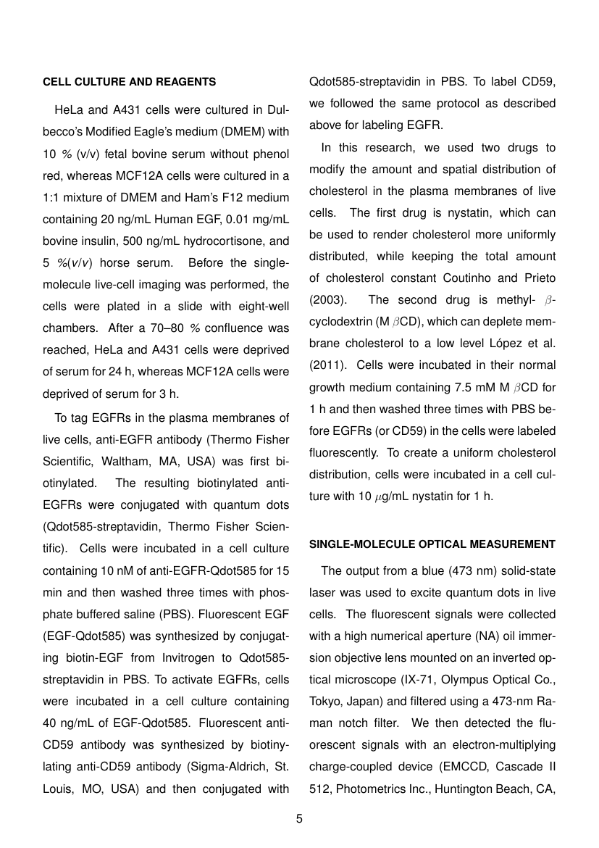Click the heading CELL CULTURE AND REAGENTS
(130, 82)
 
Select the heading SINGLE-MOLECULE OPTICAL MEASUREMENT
(432, 544)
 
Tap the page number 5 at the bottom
(299, 819)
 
